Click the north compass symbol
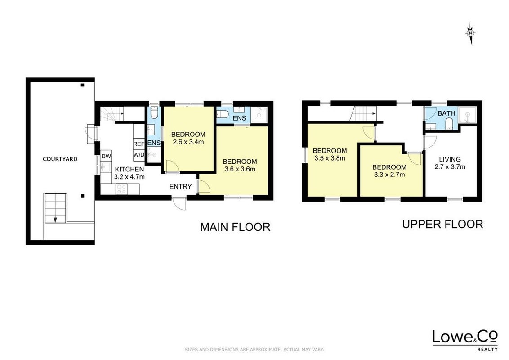click(x=471, y=33)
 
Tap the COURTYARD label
click(x=60, y=159)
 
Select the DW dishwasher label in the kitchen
click(x=106, y=156)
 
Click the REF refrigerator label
click(x=138, y=144)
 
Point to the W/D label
click(x=138, y=155)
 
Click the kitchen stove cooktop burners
click(x=121, y=189)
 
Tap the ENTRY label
click(x=180, y=186)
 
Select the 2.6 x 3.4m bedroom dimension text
click(x=188, y=142)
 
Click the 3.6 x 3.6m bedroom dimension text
click(x=240, y=169)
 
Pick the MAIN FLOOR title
click(x=235, y=227)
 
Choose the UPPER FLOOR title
click(x=442, y=224)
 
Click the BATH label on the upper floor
click(x=446, y=113)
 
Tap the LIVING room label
click(x=450, y=159)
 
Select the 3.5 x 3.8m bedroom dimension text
click(x=330, y=158)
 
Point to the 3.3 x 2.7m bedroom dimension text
click(x=389, y=175)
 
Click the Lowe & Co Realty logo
click(x=465, y=340)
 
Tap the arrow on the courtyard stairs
click(x=55, y=220)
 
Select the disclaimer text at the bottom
click(x=254, y=350)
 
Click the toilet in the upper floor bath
click(x=449, y=123)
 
